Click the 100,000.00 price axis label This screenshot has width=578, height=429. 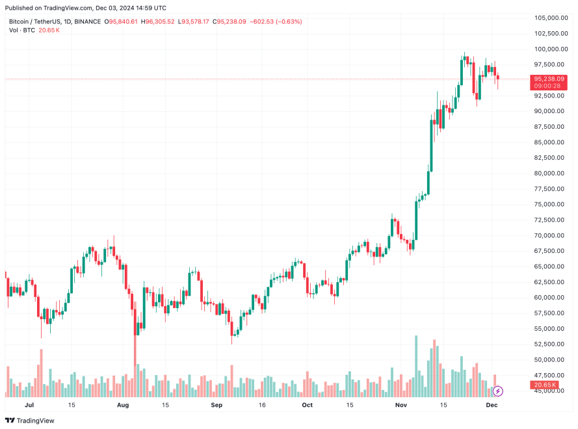pos(545,49)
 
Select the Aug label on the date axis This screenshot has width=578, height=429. pos(123,404)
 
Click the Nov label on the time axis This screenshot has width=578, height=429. pos(401,404)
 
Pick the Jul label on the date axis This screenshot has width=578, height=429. pos(29,404)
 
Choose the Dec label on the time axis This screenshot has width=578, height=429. pos(492,404)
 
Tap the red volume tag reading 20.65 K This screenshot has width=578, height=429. pos(545,385)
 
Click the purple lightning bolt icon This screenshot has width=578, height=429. pos(498,391)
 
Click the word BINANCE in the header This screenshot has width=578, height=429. pos(87,21)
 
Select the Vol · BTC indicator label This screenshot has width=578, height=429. pos(22,31)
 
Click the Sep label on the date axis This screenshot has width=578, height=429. pos(217,404)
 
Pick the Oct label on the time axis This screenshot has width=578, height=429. pos(307,404)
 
